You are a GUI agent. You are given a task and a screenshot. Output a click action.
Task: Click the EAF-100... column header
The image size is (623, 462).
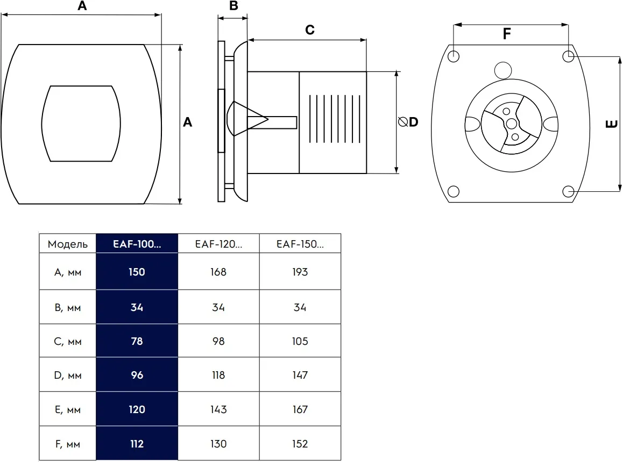point(137,244)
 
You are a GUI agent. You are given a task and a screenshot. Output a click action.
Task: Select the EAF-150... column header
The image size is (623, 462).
point(300,244)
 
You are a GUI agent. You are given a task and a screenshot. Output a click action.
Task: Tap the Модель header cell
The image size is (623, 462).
point(68,244)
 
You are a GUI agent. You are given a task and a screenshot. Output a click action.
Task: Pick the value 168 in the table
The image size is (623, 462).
point(218,272)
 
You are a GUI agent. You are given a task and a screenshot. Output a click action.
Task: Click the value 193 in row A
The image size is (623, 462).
point(300,272)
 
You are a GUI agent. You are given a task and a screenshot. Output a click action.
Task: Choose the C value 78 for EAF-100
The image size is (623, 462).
point(137,341)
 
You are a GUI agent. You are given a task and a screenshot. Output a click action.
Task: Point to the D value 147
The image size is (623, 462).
point(300,375)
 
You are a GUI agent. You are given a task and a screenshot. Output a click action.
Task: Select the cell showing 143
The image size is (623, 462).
point(218,409)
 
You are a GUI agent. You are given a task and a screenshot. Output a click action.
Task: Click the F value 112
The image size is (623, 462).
point(137,444)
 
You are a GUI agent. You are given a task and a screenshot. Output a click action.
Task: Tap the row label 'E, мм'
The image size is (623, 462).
point(68,409)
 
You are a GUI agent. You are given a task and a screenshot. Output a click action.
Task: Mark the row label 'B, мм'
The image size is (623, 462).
point(68,308)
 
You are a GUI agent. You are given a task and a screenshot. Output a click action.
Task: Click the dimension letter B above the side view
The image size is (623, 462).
point(233,5)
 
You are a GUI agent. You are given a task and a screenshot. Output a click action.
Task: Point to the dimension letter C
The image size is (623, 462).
point(310,30)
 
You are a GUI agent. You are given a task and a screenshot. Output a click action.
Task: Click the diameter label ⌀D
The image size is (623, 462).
point(408,122)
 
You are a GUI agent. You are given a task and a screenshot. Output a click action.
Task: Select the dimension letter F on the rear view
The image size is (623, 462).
point(507,34)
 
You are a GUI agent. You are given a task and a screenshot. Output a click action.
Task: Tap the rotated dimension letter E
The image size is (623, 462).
point(612,124)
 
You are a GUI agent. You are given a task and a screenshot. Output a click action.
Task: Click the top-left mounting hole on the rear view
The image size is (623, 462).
point(454,56)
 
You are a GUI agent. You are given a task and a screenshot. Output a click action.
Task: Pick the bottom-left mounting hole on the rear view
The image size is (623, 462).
point(454,192)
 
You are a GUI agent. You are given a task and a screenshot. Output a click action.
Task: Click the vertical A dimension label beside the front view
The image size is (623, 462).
point(188,122)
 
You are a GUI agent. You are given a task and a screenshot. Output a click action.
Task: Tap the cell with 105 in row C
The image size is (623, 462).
point(300,341)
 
